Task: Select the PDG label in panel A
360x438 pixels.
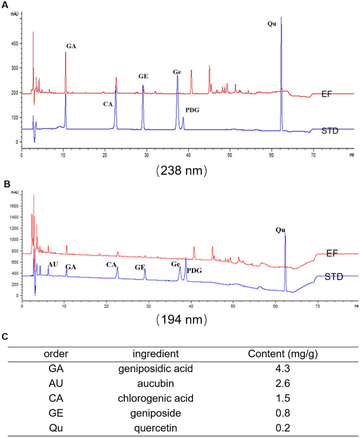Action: pyautogui.click(x=192, y=110)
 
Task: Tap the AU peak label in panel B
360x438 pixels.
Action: pyautogui.click(x=53, y=264)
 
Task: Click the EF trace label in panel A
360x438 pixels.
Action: pyautogui.click(x=328, y=94)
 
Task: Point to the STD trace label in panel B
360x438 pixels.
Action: pyautogui.click(x=333, y=276)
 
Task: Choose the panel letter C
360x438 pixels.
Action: pyautogui.click(x=5, y=336)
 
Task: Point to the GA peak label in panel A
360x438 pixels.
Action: pyautogui.click(x=71, y=46)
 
